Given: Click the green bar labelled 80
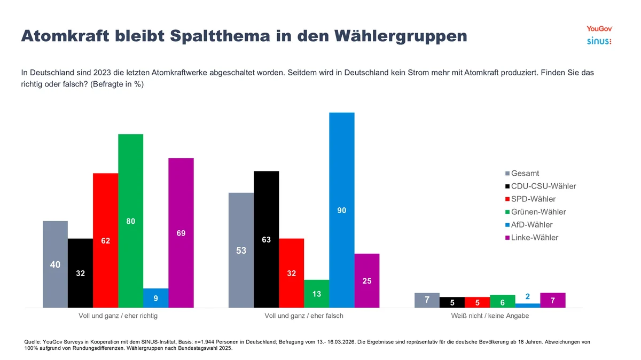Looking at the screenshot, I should [130, 220].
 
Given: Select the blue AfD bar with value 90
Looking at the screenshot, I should [341, 210].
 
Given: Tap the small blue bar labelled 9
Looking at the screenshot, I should [155, 298].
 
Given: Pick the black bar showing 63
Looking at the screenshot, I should [266, 239].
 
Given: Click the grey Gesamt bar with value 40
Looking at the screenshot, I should [55, 264].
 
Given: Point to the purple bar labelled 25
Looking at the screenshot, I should [366, 280].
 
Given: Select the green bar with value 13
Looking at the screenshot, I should [316, 294].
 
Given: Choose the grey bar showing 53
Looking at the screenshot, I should [241, 249].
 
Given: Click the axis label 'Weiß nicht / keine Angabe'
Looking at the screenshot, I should [490, 316].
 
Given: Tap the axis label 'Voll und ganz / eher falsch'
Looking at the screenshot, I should [304, 316].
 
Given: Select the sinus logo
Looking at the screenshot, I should [599, 41].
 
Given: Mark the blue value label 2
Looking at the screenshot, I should [528, 296].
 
